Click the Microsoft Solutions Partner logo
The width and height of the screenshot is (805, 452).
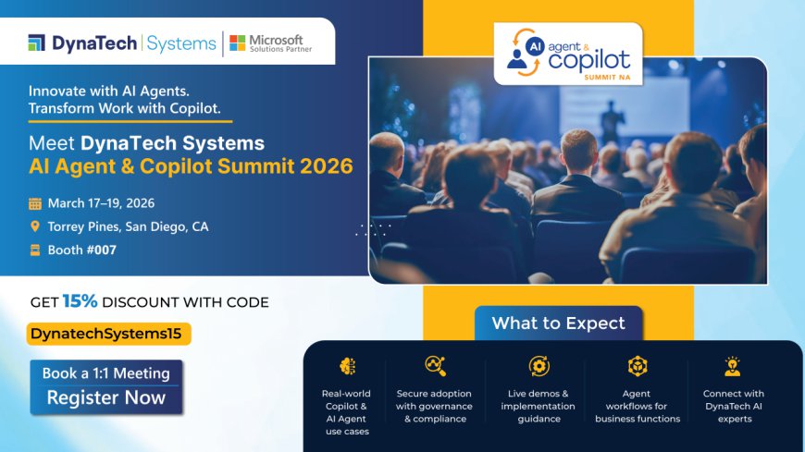pos(266,43)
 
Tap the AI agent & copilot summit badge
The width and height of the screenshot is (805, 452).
pos(568,54)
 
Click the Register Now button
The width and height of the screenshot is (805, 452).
pos(106,397)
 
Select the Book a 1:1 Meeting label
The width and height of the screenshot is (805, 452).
pos(106,373)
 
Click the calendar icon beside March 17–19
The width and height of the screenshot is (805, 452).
pos(35,203)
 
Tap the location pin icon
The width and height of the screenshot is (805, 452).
pos(35,226)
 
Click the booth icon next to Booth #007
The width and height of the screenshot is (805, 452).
pos(35,250)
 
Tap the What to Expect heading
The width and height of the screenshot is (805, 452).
pos(558,323)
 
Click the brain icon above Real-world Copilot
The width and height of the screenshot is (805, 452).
pos(348,366)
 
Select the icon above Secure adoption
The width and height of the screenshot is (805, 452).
pos(434,366)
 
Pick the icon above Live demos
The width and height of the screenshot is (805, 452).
pos(539,366)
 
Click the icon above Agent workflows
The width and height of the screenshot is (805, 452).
pos(638,366)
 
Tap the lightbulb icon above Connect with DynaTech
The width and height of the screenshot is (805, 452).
pos(733,366)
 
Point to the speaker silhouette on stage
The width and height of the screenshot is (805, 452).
pos(611,121)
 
